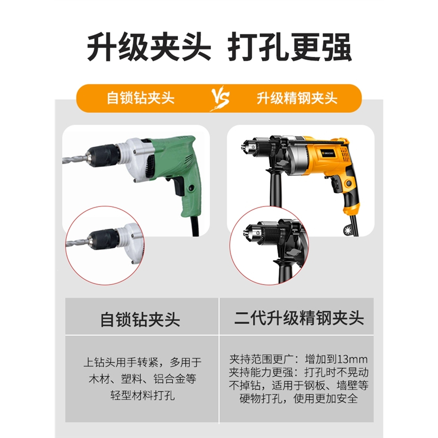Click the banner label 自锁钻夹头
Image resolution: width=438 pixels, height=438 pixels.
coord(140,99)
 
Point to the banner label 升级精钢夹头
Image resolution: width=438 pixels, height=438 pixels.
coord(297,99)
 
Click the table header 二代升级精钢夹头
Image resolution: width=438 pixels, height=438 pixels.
coord(299,318)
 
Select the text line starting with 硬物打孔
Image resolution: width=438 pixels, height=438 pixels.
coord(298,398)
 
